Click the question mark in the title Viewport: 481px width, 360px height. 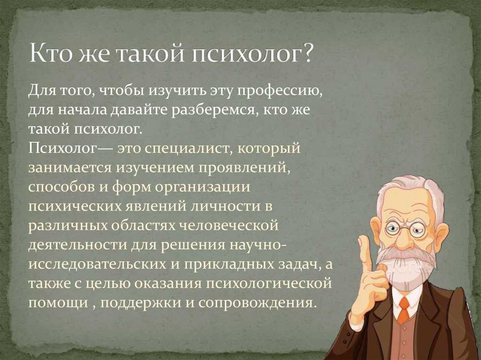pyautogui.click(x=305, y=53)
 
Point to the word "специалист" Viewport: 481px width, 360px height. pyautogui.click(x=189, y=149)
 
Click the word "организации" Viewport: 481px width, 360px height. pyautogui.click(x=203, y=187)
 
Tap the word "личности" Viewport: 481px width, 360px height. pyautogui.click(x=222, y=206)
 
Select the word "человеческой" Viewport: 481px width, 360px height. pyautogui.click(x=229, y=225)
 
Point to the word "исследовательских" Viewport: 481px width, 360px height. pyautogui.click(x=97, y=264)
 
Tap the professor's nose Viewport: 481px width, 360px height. pyautogui.click(x=405, y=241)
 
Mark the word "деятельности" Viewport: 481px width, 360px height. pyautogui.click(x=78, y=245)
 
